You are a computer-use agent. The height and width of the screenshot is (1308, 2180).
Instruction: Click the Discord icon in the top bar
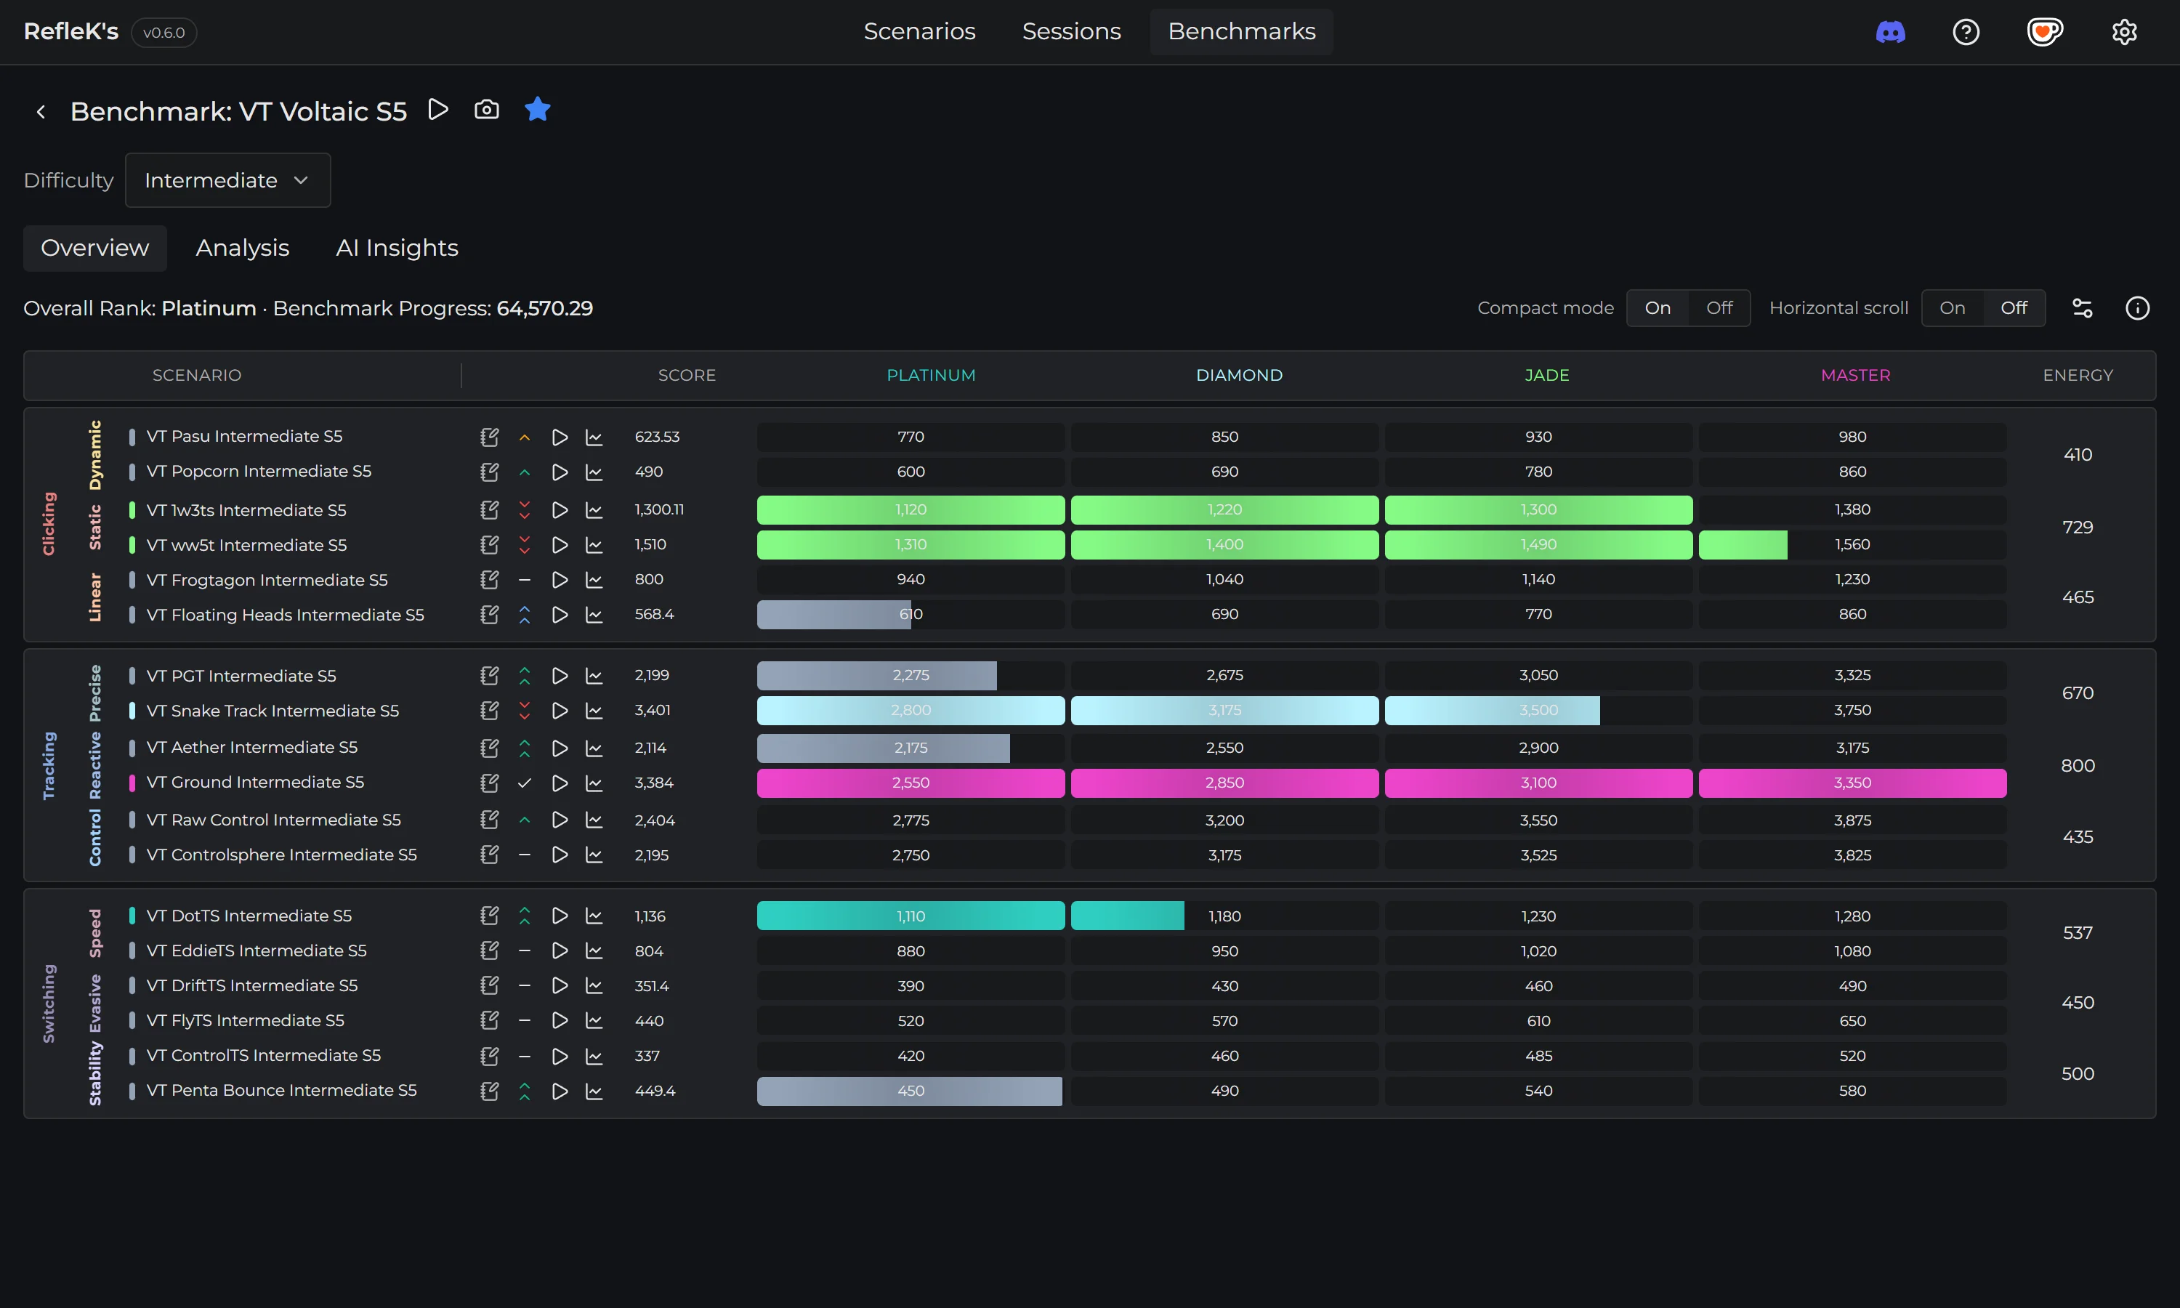(x=1890, y=33)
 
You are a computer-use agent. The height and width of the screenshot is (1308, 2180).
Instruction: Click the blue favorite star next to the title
(x=536, y=110)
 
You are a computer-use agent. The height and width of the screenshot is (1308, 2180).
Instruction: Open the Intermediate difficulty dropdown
(x=227, y=181)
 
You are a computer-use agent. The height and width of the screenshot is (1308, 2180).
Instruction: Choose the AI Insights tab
(x=397, y=248)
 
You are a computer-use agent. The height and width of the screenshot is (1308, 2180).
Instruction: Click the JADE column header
(x=1546, y=376)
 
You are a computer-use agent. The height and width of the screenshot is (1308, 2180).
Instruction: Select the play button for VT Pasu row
(x=560, y=437)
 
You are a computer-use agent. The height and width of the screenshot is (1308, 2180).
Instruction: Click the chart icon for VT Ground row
(x=594, y=783)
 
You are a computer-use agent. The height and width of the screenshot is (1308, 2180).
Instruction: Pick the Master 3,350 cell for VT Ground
(x=1852, y=783)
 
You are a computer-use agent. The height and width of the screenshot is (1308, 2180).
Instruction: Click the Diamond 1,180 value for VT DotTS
(x=1224, y=916)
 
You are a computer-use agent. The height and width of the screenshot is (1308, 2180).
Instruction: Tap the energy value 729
(x=2077, y=527)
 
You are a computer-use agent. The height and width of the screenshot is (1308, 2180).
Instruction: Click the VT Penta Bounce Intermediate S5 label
(x=281, y=1090)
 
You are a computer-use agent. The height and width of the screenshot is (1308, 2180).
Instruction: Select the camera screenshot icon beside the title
(x=486, y=110)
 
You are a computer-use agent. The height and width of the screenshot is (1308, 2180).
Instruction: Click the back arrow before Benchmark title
(x=41, y=112)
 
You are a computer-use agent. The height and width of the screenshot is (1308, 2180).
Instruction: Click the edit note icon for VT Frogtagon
(x=489, y=580)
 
